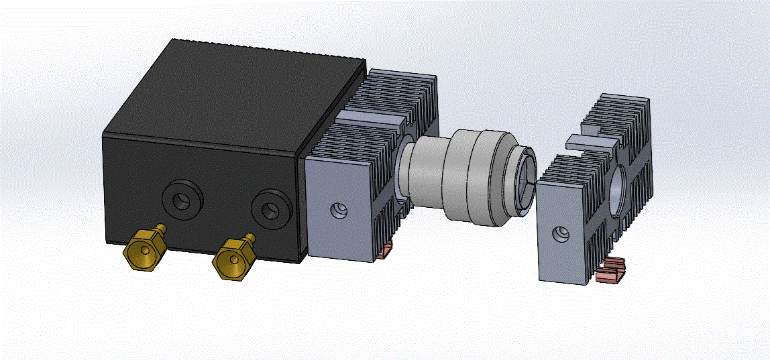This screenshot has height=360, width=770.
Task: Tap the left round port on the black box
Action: (182, 199)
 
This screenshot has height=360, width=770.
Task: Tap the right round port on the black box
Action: (272, 209)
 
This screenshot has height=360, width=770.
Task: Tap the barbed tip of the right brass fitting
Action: (250, 237)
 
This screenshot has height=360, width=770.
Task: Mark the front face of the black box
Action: (201, 194)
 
